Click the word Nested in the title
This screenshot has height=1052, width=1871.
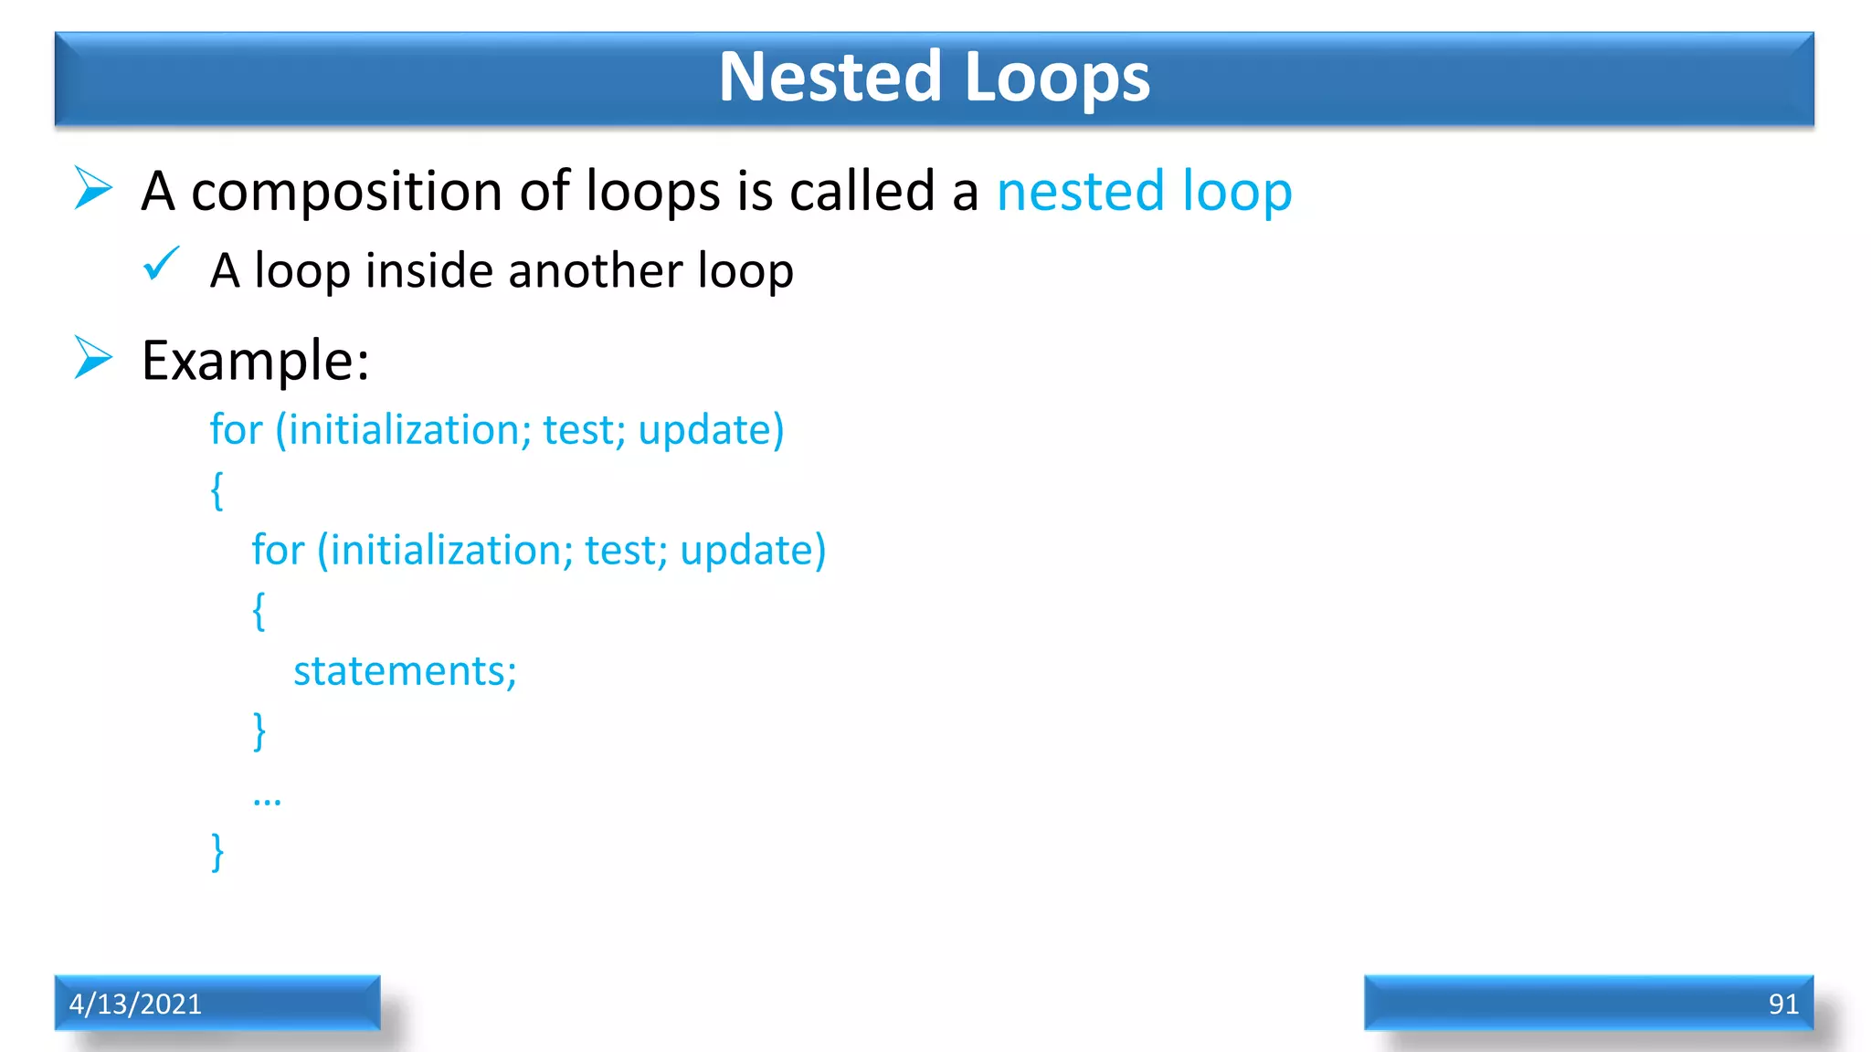[830, 77]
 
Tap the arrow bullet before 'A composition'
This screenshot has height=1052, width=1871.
[92, 188]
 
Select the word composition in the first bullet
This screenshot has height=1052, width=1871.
[346, 193]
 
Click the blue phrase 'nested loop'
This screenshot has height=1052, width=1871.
[1144, 192]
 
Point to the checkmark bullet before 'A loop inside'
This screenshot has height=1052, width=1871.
[162, 265]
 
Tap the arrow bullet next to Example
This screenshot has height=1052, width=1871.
[92, 357]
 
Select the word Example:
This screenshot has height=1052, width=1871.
[255, 361]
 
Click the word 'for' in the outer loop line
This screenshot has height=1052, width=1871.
[236, 429]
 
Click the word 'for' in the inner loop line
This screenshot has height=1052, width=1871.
[278, 550]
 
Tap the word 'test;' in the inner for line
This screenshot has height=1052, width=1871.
[626, 550]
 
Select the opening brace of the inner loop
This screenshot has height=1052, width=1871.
[259, 610]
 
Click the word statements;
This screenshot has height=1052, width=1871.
[405, 671]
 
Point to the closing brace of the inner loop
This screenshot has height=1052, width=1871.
[259, 731]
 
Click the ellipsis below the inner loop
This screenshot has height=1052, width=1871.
[267, 801]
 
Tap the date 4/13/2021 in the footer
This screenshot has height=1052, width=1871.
[135, 1004]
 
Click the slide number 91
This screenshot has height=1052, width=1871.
[1782, 1004]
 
